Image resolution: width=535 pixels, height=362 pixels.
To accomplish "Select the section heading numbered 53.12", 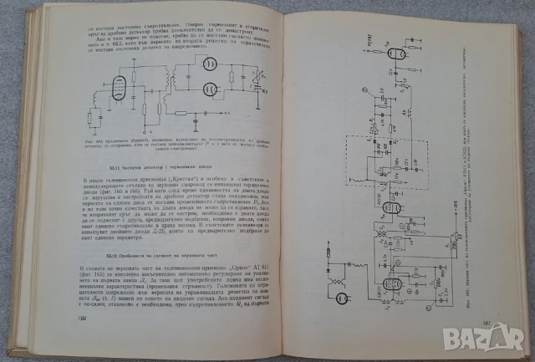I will pyautogui.click(x=143, y=252).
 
